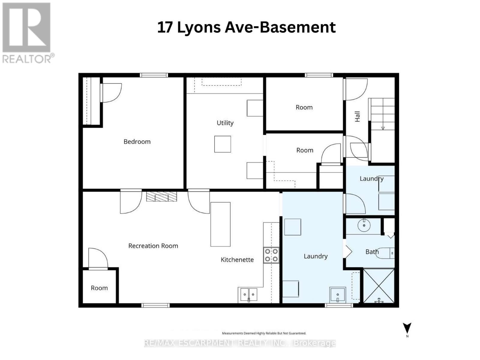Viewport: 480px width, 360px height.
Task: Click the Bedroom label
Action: [137, 142]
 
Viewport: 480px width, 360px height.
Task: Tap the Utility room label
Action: [225, 123]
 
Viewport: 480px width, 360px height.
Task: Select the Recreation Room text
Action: [153, 246]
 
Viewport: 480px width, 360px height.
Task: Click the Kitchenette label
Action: [237, 260]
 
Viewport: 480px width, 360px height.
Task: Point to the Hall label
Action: [357, 116]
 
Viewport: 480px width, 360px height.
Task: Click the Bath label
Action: [372, 252]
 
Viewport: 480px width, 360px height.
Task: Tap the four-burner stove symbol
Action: [271, 255]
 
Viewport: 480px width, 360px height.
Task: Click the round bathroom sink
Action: [364, 225]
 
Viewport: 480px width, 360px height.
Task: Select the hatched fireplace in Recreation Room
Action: [161, 196]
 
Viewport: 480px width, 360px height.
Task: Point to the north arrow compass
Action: [407, 328]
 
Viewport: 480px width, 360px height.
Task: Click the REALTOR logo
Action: [27, 33]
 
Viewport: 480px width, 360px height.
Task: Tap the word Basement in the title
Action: [297, 27]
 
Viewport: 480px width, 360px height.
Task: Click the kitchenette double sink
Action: [248, 295]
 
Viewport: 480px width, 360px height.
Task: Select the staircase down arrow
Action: [383, 128]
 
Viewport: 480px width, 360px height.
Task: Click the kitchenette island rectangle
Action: [220, 224]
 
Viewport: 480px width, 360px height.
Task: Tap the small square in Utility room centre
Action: [223, 144]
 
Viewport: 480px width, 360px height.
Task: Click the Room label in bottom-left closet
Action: [99, 288]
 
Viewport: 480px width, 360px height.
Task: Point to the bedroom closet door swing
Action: [112, 92]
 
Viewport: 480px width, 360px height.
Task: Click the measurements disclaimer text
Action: [264, 333]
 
